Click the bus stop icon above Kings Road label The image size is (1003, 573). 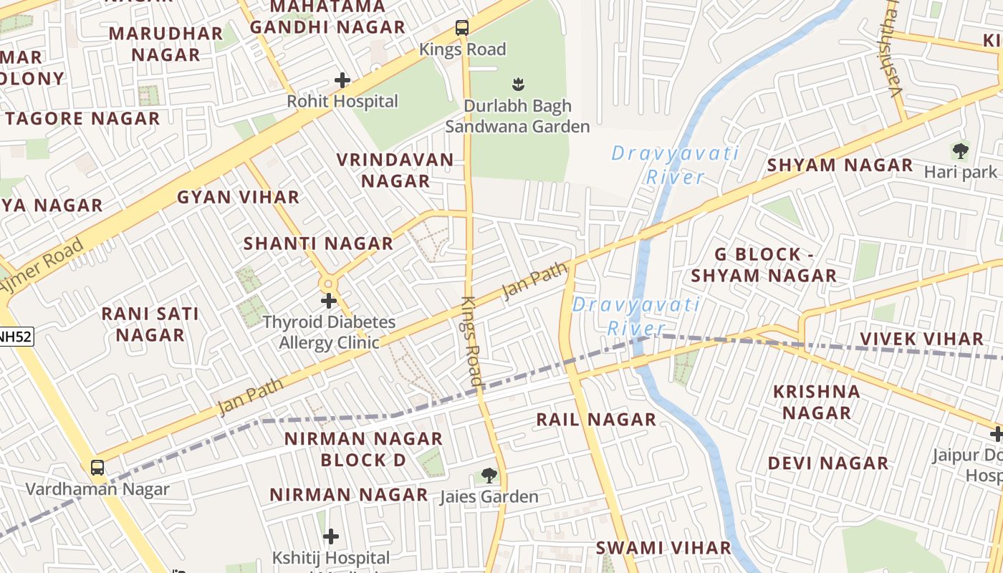coord(462,29)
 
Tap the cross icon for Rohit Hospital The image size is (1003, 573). coord(342,80)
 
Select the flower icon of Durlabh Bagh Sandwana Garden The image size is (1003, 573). coord(517,84)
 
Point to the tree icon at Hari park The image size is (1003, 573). coord(960,151)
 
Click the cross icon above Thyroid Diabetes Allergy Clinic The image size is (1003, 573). coord(329,301)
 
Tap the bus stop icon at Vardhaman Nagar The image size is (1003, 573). coord(97,468)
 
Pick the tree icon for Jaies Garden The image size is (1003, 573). coord(489,475)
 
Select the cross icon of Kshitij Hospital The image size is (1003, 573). coord(331,536)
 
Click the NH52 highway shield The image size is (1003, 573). coord(16,337)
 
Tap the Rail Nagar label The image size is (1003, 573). coord(596,420)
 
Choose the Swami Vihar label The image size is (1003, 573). coord(663,548)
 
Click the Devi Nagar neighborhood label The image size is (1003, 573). coord(828,463)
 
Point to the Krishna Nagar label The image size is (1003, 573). coord(817,402)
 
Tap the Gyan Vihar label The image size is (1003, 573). coord(238,197)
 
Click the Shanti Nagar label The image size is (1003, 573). coord(318,244)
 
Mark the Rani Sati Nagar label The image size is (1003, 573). coord(150,324)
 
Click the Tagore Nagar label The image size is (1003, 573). coord(82,119)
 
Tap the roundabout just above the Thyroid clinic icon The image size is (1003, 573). coord(329,282)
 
